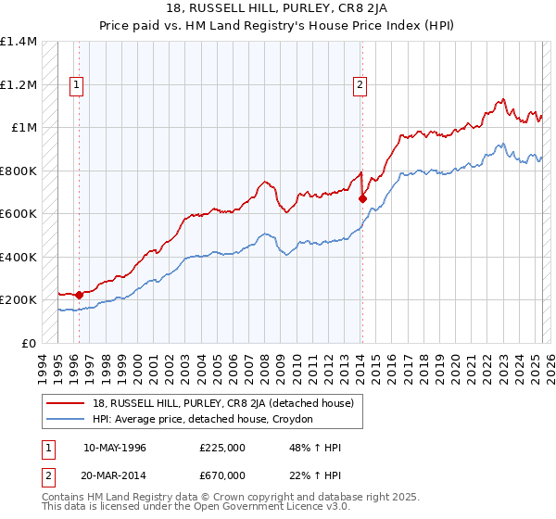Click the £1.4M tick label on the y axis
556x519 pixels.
coord(19,42)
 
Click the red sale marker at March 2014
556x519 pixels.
coord(362,197)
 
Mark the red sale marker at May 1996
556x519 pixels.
coord(80,294)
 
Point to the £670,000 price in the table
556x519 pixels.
coord(221,475)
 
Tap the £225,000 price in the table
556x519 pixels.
coord(221,448)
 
